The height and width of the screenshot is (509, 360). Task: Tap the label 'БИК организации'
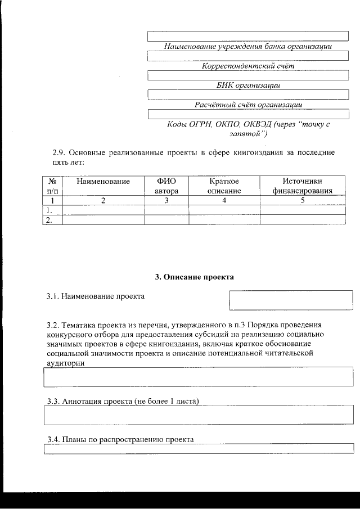point(248,85)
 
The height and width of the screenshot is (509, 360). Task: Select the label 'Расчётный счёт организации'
point(248,105)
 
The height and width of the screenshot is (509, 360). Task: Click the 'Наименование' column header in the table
point(103,181)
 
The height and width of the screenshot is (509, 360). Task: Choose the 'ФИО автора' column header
point(166,186)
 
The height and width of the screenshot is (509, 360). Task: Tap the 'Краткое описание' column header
point(224,186)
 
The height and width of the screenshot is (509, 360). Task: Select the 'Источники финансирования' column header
point(302,186)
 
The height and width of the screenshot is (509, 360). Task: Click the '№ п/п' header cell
point(52,186)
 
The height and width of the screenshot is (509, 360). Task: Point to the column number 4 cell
point(224,200)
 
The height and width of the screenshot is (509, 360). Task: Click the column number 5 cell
point(302,200)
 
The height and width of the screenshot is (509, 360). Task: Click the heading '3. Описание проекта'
point(194,277)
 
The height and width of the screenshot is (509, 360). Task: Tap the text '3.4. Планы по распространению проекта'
point(120,439)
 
